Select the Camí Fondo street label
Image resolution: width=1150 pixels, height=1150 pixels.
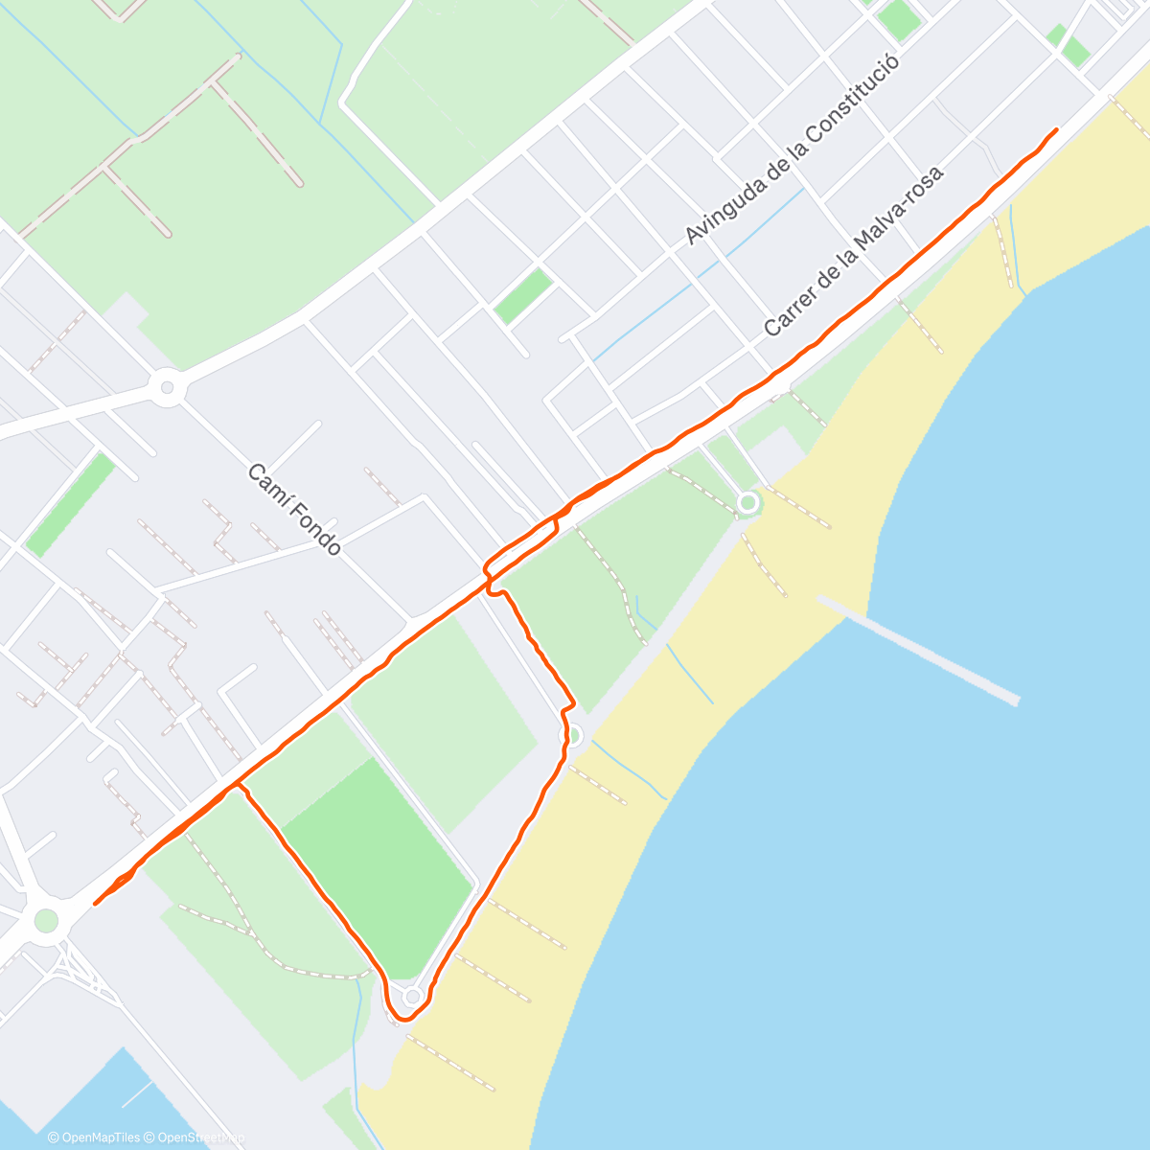[x=294, y=510]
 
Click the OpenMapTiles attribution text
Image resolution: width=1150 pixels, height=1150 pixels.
[x=94, y=1138]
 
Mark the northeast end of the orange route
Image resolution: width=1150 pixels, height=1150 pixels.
[x=1056, y=129]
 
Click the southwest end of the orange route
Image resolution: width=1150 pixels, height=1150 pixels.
[x=96, y=903]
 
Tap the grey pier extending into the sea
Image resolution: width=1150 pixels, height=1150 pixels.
[x=918, y=650]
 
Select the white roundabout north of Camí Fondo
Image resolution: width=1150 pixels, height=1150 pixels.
[x=168, y=388]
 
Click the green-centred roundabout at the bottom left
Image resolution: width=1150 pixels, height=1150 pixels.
[x=46, y=921]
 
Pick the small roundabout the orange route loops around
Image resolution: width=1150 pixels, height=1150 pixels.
[x=412, y=997]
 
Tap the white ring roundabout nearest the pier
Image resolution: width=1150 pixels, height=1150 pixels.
[x=747, y=502]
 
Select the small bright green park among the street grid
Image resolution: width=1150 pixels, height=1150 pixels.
[x=523, y=295]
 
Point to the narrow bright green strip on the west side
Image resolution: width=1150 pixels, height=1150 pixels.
[x=70, y=504]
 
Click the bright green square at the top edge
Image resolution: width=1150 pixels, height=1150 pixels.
[x=898, y=19]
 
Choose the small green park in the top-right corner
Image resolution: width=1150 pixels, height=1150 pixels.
[x=1069, y=44]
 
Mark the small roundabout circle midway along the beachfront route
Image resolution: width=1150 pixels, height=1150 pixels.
[x=573, y=735]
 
